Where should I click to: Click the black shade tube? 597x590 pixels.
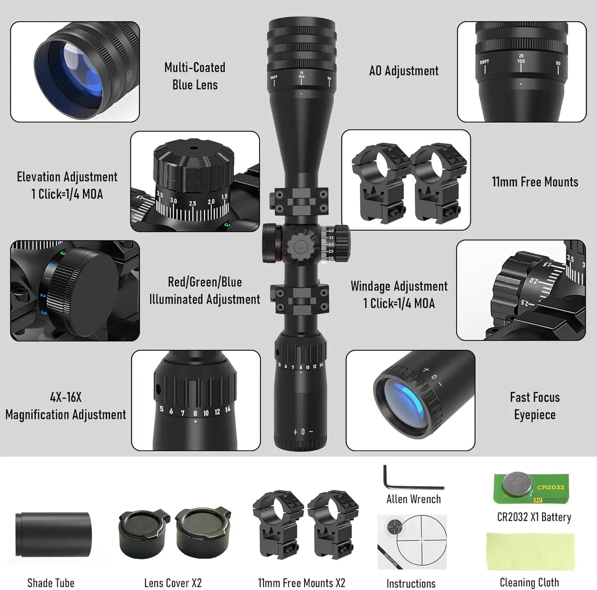click(x=53, y=535)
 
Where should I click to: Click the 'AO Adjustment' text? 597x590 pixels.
click(x=404, y=71)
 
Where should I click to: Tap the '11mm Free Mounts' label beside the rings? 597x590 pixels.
click(x=535, y=182)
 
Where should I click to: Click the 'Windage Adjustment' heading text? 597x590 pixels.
click(x=399, y=286)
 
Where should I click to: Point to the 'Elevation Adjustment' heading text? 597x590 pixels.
click(x=67, y=177)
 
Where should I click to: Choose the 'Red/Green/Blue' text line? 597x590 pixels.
click(x=205, y=282)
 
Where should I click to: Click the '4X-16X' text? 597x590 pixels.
click(x=66, y=397)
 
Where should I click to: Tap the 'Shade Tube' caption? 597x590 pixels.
click(x=51, y=583)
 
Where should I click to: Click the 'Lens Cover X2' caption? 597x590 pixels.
click(x=173, y=583)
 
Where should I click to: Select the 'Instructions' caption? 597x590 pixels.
click(x=411, y=583)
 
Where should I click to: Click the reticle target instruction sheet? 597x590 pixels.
click(x=412, y=542)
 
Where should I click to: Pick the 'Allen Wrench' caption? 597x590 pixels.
click(x=414, y=499)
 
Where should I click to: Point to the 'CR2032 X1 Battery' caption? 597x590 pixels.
click(x=534, y=517)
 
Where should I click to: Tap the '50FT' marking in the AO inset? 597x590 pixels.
click(x=484, y=62)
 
